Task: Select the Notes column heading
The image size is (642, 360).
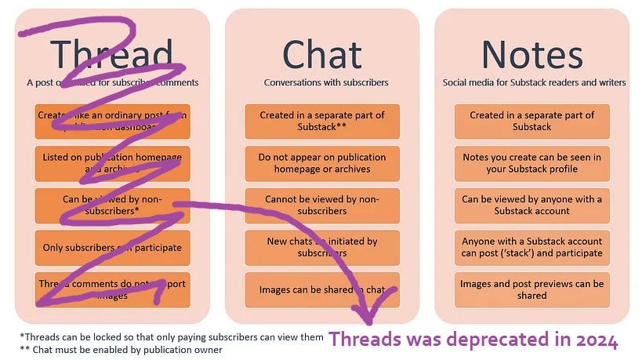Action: pyautogui.click(x=533, y=54)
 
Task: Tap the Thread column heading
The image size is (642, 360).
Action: pyautogui.click(x=111, y=54)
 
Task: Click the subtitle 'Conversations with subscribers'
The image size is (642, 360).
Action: pyautogui.click(x=325, y=82)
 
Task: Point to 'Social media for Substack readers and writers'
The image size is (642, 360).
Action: pyautogui.click(x=534, y=82)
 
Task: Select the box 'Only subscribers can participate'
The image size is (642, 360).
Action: pyautogui.click(x=112, y=248)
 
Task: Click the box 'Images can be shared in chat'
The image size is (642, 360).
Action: pyautogui.click(x=322, y=290)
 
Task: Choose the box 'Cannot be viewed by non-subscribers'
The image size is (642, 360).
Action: pyautogui.click(x=322, y=205)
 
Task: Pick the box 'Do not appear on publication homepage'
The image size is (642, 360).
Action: pyautogui.click(x=322, y=163)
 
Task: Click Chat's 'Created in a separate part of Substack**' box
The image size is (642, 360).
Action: pyautogui.click(x=322, y=121)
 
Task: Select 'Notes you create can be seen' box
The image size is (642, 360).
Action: pyautogui.click(x=531, y=163)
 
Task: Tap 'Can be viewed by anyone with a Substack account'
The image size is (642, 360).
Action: pyautogui.click(x=531, y=205)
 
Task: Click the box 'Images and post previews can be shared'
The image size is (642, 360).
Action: pyautogui.click(x=531, y=289)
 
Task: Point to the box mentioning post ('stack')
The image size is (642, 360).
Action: pyautogui.click(x=531, y=247)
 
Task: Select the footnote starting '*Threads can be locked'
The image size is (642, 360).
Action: pyautogui.click(x=171, y=336)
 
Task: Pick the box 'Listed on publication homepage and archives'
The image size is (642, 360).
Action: pyautogui.click(x=112, y=163)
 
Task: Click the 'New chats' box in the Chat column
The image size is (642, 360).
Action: pyautogui.click(x=322, y=247)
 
